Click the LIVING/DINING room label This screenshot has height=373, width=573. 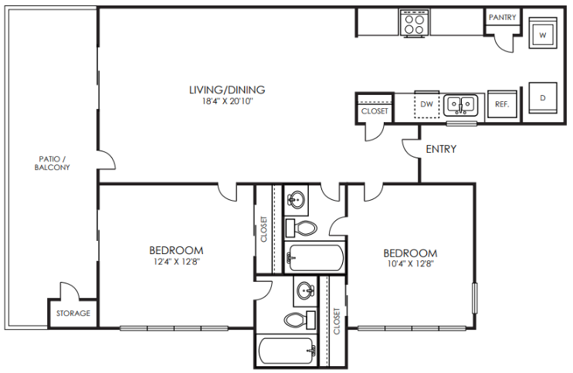227,89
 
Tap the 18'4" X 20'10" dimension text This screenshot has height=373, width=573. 227,101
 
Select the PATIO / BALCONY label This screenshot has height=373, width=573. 53,163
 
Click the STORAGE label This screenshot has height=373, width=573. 73,314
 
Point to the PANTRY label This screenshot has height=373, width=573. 502,18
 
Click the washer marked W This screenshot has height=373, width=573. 542,35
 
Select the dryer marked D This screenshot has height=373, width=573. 542,98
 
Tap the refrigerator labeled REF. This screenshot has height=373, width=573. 501,104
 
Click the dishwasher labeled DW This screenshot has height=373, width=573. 426,103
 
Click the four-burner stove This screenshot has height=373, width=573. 414,23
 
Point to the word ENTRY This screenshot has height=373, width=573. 441,149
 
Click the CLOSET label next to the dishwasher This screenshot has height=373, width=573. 375,111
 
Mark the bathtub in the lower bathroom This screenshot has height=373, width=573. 286,351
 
